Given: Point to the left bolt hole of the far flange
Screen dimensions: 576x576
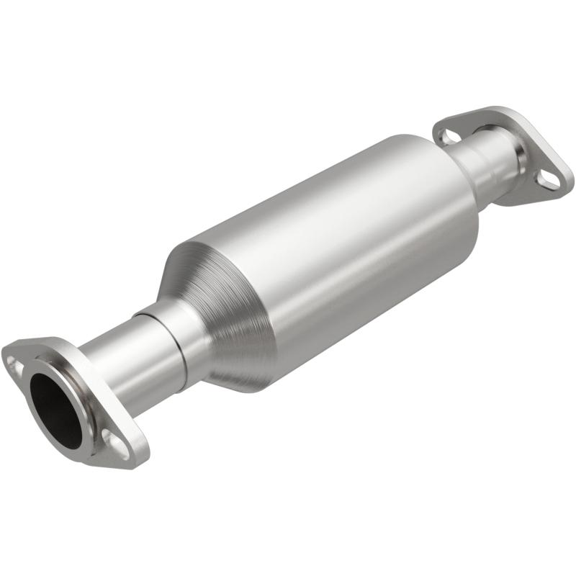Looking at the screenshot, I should coord(449,135).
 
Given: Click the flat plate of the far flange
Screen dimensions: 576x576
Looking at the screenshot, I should coord(533,144).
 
